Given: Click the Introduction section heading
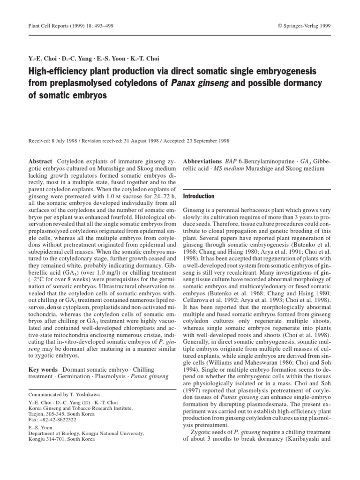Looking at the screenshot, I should coord(199,196).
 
